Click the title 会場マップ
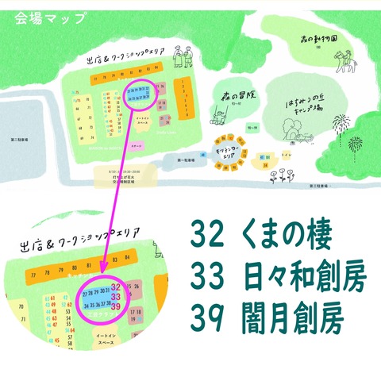49,19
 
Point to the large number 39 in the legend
208,322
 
